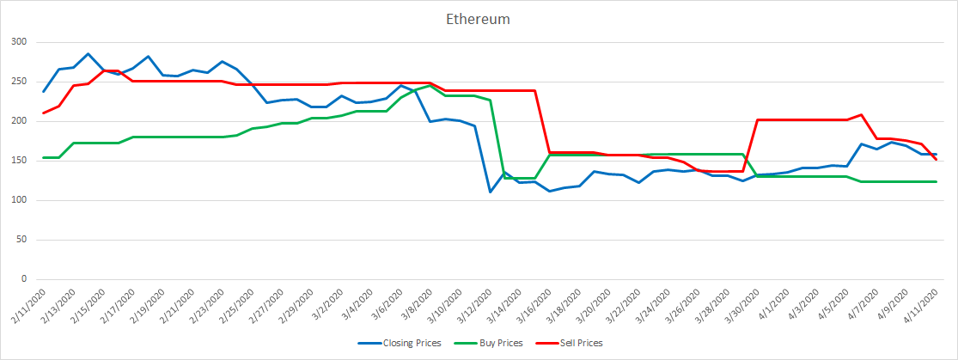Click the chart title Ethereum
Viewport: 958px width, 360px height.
(x=479, y=18)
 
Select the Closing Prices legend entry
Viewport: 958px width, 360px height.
(x=411, y=343)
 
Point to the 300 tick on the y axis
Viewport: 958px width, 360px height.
(x=19, y=42)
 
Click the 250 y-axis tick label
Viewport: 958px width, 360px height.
(x=19, y=82)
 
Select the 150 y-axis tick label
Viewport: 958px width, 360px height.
(x=19, y=161)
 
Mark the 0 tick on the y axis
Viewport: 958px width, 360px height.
(x=25, y=279)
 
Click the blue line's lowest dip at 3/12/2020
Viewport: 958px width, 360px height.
(x=490, y=192)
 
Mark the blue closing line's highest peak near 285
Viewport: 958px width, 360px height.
(x=88, y=53)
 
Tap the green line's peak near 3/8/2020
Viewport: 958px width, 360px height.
(x=430, y=85)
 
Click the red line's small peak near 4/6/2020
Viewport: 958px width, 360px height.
(x=861, y=114)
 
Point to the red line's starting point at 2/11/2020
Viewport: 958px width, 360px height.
(x=44, y=113)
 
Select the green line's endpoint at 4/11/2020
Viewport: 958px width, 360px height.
(x=936, y=181)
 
